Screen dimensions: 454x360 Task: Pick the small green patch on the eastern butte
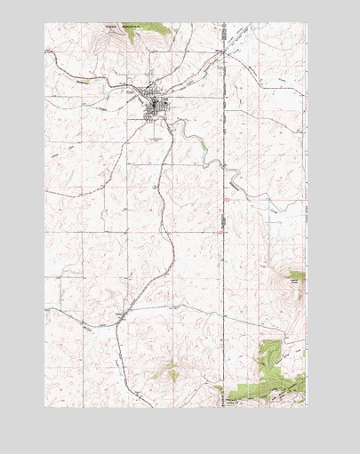tap(297, 276)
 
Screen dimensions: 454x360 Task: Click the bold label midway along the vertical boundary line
tap(225, 199)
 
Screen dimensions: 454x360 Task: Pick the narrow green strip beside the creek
tap(203, 142)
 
